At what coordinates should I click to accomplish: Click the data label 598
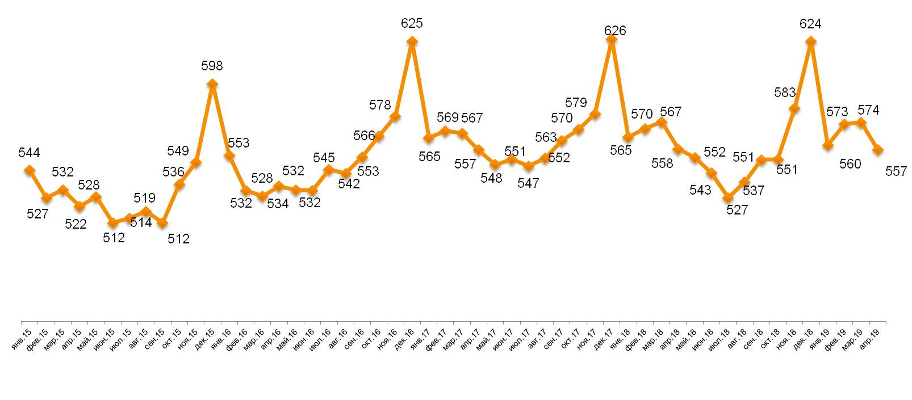pyautogui.click(x=212, y=66)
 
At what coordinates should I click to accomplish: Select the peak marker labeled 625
pyautogui.click(x=412, y=41)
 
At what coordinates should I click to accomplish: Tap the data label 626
pyautogui.click(x=615, y=31)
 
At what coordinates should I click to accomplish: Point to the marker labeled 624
pyautogui.click(x=811, y=41)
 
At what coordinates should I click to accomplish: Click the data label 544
pyautogui.click(x=29, y=153)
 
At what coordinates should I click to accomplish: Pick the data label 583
pyautogui.click(x=785, y=92)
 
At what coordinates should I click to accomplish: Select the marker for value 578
pyautogui.click(x=395, y=117)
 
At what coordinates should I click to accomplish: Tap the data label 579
pyautogui.click(x=576, y=103)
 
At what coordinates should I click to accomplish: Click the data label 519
pyautogui.click(x=145, y=198)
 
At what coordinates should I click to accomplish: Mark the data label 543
pyautogui.click(x=700, y=190)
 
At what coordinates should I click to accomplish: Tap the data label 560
pyautogui.click(x=850, y=164)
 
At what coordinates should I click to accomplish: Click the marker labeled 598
pyautogui.click(x=212, y=84)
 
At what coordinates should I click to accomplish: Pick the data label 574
pyautogui.click(x=868, y=110)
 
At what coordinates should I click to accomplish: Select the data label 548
pyautogui.click(x=491, y=178)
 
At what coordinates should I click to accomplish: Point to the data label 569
pyautogui.click(x=447, y=117)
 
